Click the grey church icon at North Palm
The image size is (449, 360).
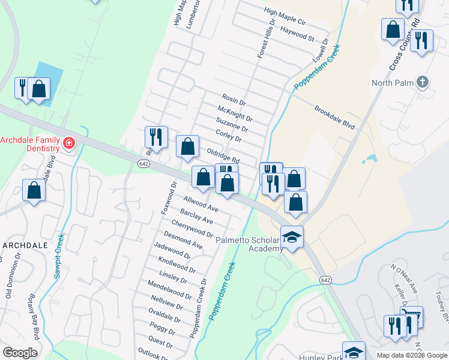coord(424,82)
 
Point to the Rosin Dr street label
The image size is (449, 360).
coord(234,100)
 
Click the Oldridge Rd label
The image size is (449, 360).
coord(223,157)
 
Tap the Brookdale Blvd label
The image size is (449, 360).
coord(335,118)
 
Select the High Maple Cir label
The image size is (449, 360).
coord(285,16)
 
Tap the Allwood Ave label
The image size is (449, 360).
coord(201,205)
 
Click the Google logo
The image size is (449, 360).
coord(20,352)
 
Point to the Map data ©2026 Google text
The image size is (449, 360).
coord(412,355)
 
